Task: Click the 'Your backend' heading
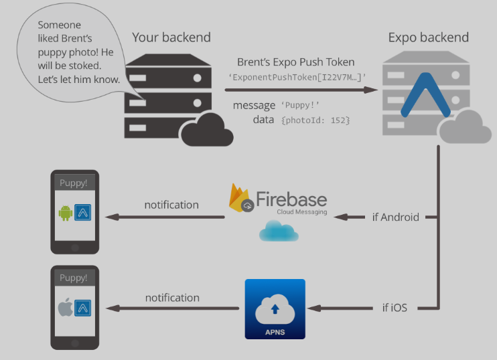tap(171, 37)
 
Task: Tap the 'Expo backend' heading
tap(429, 37)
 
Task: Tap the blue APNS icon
tap(275, 308)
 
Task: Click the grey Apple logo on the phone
tap(65, 308)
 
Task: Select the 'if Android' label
tap(395, 217)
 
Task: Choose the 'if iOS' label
tap(395, 308)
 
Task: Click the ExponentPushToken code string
tap(297, 77)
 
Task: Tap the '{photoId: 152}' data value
tap(316, 120)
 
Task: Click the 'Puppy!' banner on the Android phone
tap(74, 183)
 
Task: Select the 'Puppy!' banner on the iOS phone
tap(74, 278)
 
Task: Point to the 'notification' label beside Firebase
tap(171, 205)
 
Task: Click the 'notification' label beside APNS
tap(172, 297)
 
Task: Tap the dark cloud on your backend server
tap(207, 130)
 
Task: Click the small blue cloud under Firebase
tap(279, 231)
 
